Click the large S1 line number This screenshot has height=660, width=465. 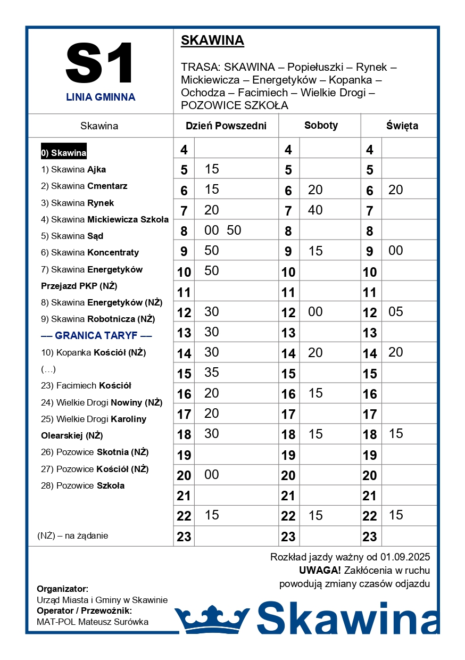[x=99, y=63]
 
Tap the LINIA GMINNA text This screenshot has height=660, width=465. [x=101, y=97]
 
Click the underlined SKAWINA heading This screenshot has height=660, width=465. [x=212, y=40]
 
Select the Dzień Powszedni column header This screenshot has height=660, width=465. [x=226, y=126]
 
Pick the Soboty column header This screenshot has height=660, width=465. [x=321, y=126]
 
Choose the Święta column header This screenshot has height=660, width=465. [x=402, y=126]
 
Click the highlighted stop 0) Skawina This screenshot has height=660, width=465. [x=64, y=153]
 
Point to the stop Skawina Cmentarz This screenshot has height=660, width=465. [x=84, y=186]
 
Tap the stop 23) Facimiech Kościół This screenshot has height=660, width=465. [x=86, y=386]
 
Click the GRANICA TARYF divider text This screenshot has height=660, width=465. [x=96, y=336]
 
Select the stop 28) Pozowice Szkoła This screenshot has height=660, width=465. [x=82, y=485]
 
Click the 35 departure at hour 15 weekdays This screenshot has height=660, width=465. [x=212, y=372]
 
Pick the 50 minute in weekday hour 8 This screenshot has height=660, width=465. [x=234, y=230]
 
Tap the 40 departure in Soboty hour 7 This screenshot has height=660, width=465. [x=315, y=210]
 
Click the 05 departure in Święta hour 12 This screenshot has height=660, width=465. [x=396, y=311]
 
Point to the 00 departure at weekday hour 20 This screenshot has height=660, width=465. [x=212, y=474]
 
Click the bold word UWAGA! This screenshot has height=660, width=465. [x=320, y=571]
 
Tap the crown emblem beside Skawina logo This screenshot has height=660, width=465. [x=212, y=618]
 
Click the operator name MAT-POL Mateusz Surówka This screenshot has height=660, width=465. [x=93, y=622]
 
